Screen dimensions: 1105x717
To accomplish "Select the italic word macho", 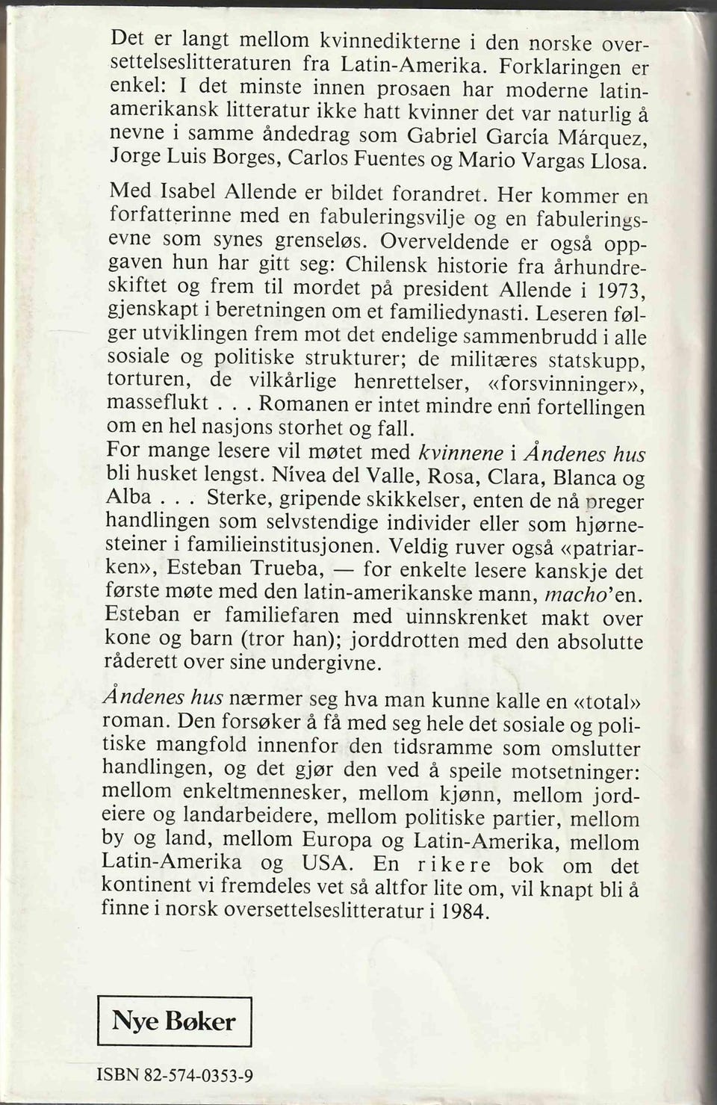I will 568,594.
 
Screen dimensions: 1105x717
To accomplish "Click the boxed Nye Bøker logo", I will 174,1020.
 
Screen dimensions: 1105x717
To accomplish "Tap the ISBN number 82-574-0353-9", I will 198,1076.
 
